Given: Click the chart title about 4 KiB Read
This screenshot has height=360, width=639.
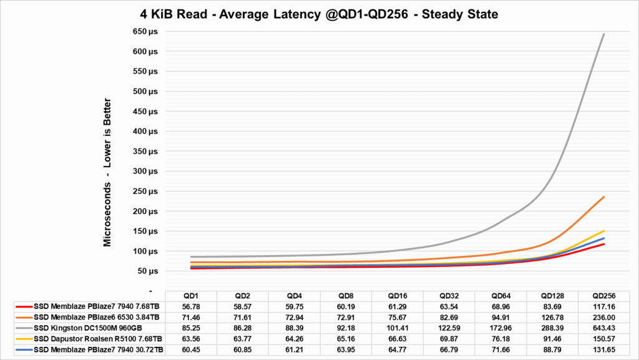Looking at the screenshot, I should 319,13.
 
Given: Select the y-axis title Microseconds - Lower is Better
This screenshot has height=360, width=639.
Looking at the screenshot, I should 107,172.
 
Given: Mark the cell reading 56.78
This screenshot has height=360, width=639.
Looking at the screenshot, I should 191,307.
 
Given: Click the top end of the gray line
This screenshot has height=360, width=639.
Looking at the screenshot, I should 604,34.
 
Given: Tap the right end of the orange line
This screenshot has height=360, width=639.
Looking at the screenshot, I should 604,197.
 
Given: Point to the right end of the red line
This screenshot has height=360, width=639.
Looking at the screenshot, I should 604,244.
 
